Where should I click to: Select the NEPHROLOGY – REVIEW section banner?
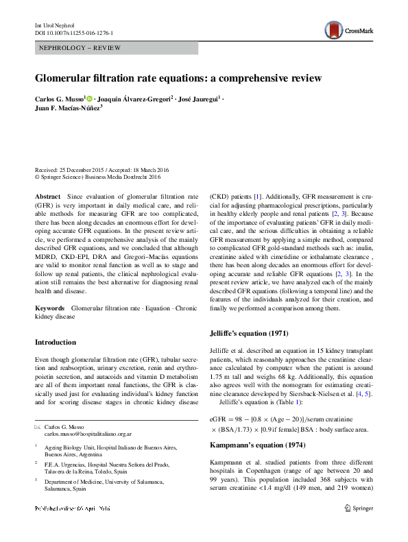[x=116, y=48]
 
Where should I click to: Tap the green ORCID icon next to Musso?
[x=90, y=99]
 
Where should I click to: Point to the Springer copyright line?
[x=97, y=177]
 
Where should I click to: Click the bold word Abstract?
[x=47, y=197]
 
